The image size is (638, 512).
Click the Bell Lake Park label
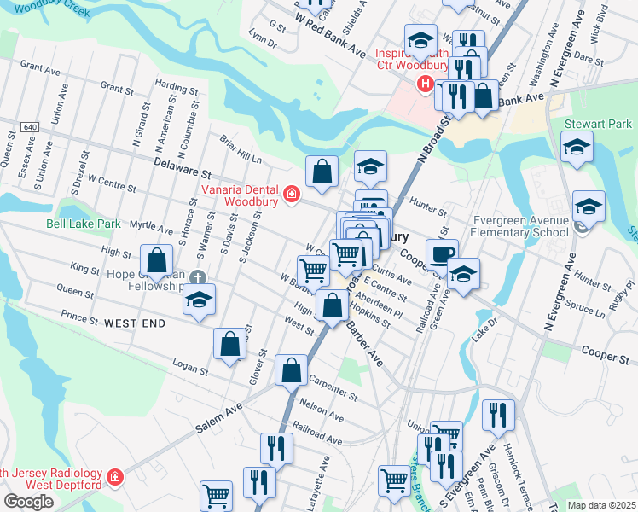(x=84, y=224)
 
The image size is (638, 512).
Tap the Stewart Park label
(x=598, y=124)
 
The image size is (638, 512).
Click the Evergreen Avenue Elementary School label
(x=519, y=224)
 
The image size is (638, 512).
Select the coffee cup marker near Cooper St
(x=442, y=254)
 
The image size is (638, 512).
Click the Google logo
(x=28, y=502)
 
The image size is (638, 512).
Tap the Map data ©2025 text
(x=600, y=505)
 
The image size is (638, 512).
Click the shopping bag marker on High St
(x=157, y=259)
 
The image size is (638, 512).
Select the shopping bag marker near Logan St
(x=229, y=344)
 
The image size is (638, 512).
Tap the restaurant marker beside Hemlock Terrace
(x=497, y=416)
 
